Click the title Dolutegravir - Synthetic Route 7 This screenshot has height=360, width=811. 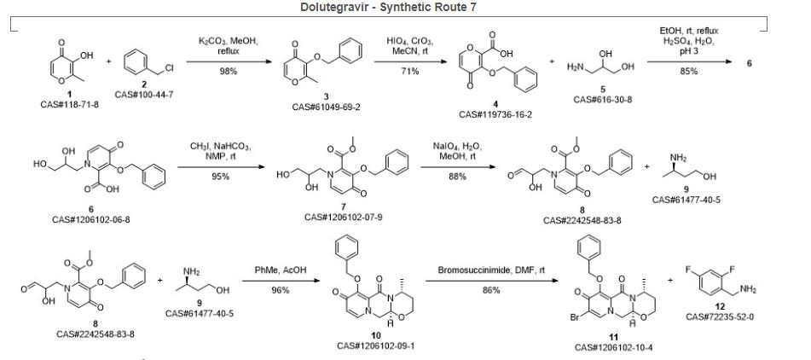pyautogui.click(x=405, y=7)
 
